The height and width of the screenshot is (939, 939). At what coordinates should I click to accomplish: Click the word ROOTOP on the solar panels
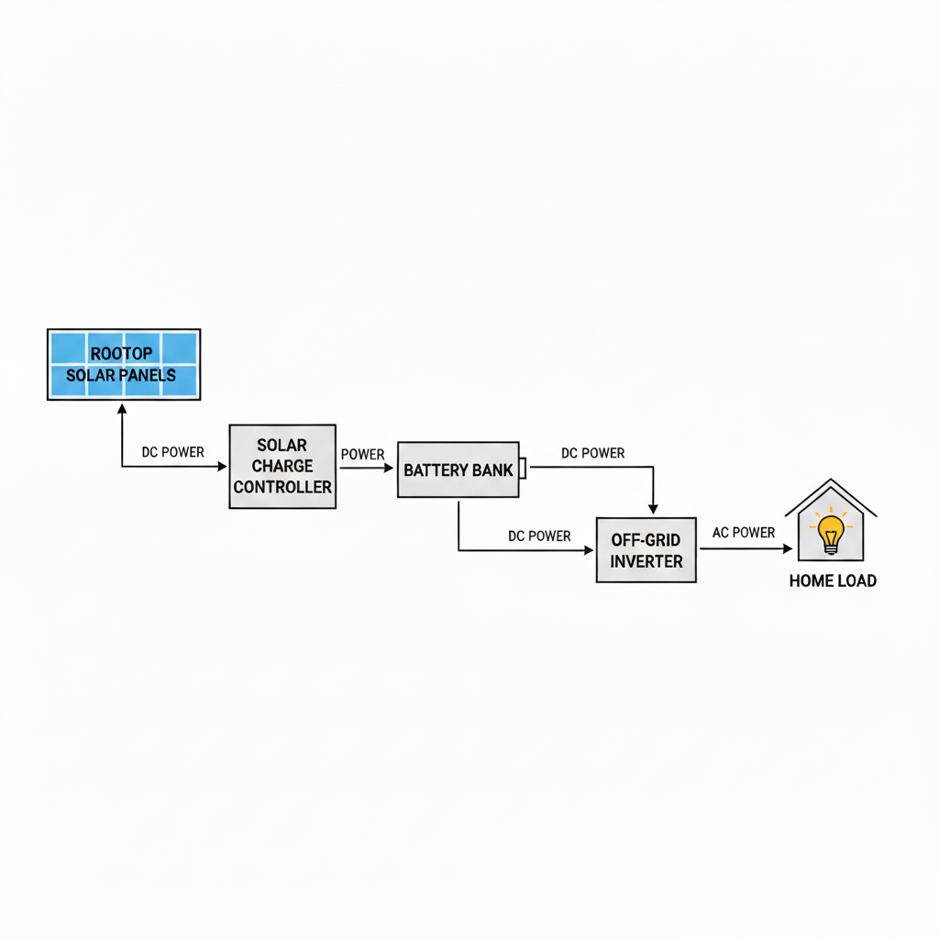[x=122, y=353]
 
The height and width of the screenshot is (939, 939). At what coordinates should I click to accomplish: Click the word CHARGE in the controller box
[x=282, y=466]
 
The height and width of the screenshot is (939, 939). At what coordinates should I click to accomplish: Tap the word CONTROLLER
[x=282, y=487]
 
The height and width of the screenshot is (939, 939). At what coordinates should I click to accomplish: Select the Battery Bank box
[x=458, y=469]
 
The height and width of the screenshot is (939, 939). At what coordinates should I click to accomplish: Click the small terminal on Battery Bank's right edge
[x=523, y=468]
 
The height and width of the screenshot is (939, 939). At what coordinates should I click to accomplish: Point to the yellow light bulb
[x=831, y=532]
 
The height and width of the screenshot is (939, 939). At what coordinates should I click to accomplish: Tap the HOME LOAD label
[x=832, y=580]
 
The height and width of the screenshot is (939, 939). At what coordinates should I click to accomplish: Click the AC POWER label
[x=743, y=533]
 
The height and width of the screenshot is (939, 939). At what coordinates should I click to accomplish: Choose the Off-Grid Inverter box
[x=646, y=549]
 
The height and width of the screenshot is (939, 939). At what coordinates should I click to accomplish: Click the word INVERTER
[x=646, y=561]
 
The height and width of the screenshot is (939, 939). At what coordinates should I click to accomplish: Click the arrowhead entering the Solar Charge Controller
[x=222, y=467]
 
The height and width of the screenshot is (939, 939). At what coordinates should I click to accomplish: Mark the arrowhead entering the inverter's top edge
[x=653, y=509]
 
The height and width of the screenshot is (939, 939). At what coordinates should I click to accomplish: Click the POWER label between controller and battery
[x=362, y=455]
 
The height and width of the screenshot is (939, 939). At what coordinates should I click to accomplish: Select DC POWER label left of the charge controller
[x=172, y=452]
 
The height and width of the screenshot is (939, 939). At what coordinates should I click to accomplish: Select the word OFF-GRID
[x=646, y=540]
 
